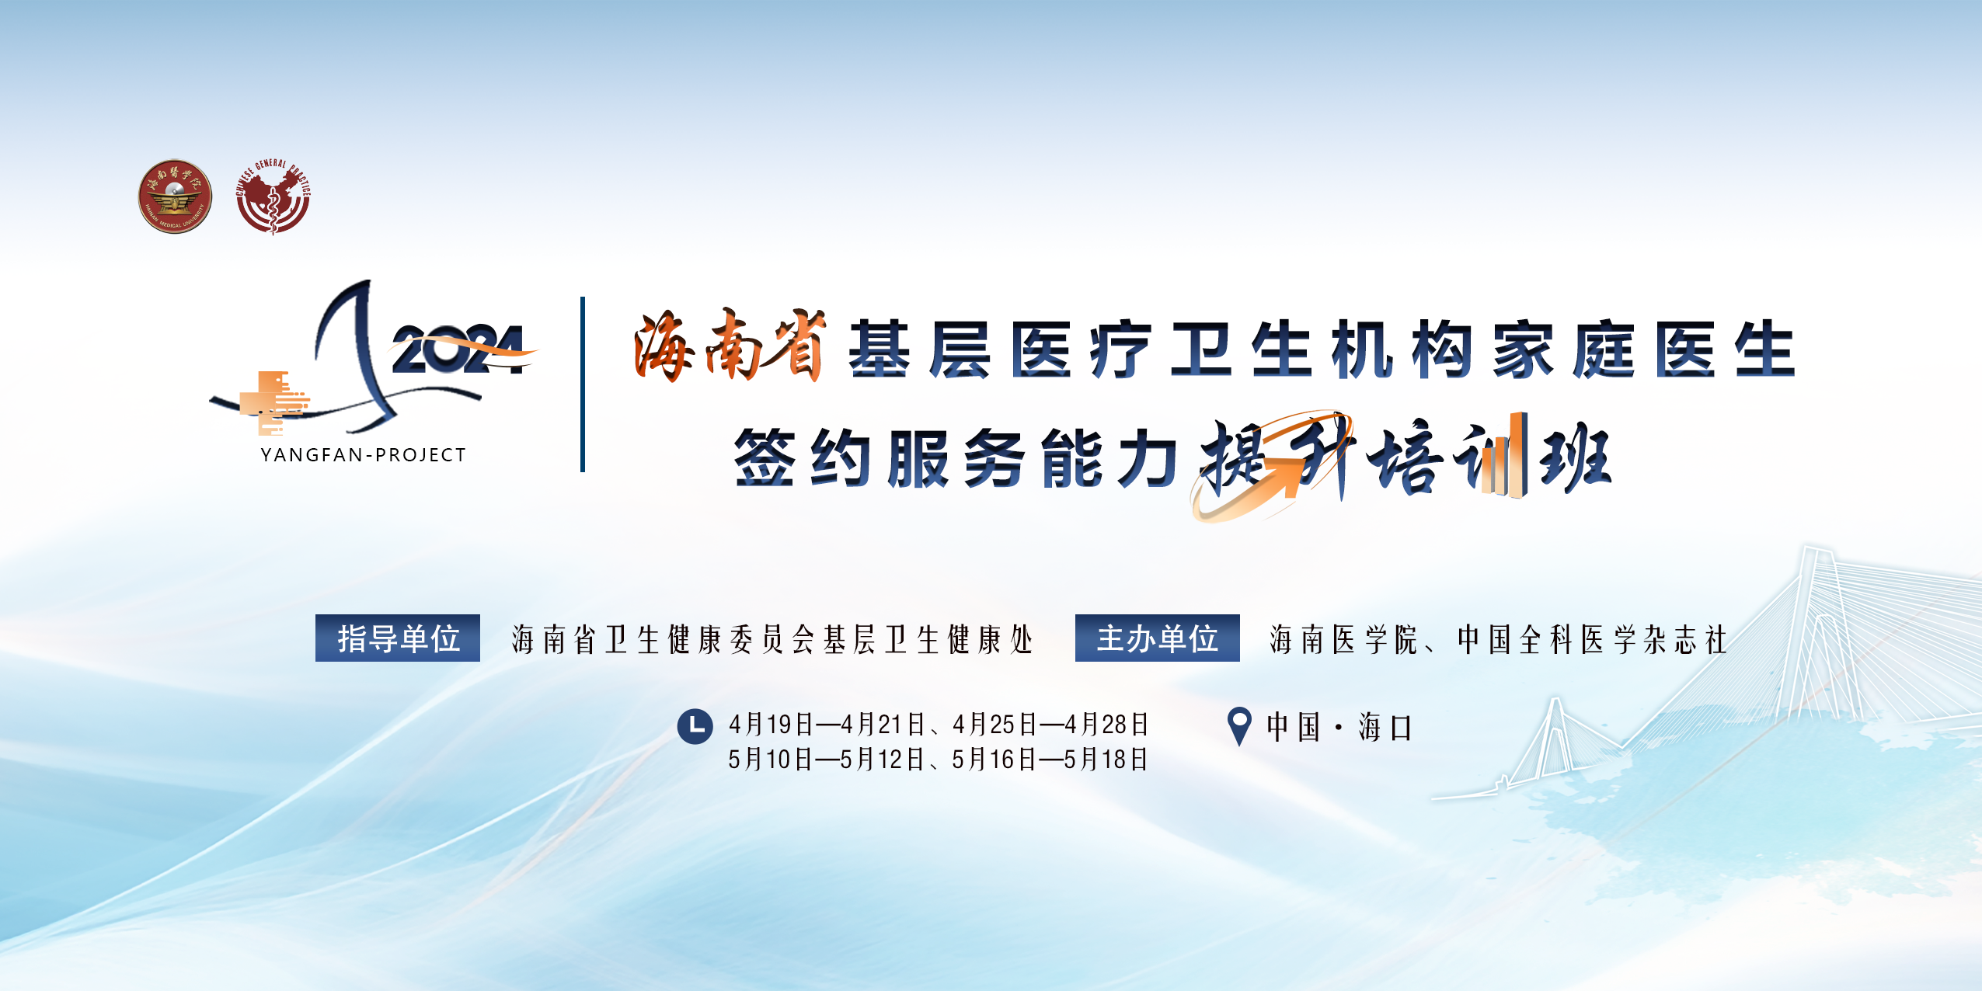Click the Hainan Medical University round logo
(175, 196)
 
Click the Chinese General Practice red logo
(273, 196)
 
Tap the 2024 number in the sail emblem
(458, 349)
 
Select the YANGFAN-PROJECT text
(364, 455)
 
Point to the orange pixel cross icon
(273, 402)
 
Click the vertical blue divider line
(583, 384)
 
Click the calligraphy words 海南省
(730, 346)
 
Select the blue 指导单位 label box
(398, 638)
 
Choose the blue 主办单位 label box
(1158, 638)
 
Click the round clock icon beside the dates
(695, 726)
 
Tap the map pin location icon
(1239, 726)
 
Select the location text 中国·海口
(1339, 728)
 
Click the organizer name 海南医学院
(1344, 640)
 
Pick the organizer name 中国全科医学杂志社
(1592, 640)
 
